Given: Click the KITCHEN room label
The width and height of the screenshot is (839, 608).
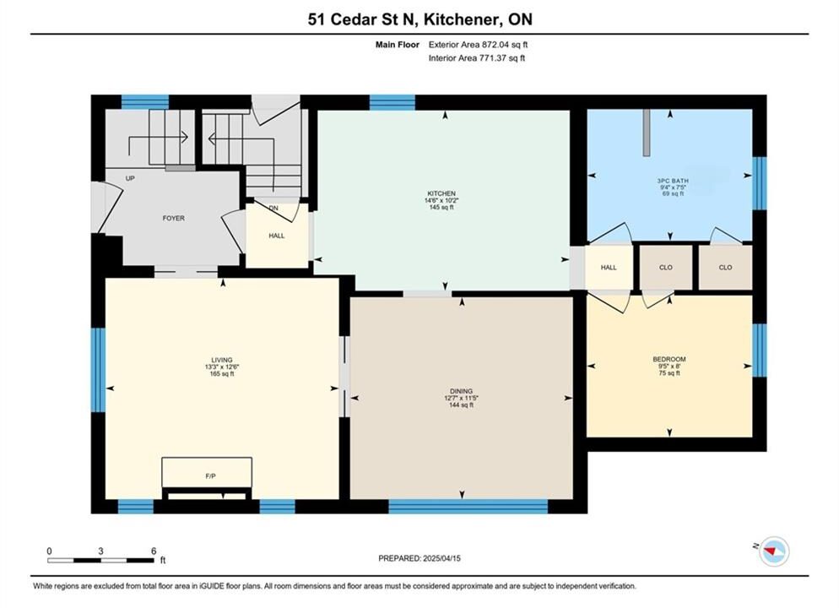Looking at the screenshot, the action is [x=441, y=193].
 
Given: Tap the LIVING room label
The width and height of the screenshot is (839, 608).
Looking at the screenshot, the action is [x=221, y=361].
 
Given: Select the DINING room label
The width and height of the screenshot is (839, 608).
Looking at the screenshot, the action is [x=461, y=391].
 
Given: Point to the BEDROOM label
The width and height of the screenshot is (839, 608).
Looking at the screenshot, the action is [x=668, y=359].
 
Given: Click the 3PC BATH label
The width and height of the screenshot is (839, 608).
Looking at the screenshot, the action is [x=673, y=181].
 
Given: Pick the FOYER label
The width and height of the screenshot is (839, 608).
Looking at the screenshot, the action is [x=173, y=219].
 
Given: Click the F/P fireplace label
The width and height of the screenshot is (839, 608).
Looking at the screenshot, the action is [x=210, y=475].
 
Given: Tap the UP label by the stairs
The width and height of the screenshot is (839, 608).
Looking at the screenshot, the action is [x=130, y=178].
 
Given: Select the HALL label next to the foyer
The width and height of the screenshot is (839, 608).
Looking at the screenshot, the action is [x=277, y=236].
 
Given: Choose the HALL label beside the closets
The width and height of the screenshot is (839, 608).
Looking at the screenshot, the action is [x=609, y=268].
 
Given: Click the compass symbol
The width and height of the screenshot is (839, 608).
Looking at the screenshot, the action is [x=774, y=551].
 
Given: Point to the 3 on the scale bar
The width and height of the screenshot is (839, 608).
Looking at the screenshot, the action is [x=100, y=551].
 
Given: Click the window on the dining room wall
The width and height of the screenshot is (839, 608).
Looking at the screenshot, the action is [x=468, y=507].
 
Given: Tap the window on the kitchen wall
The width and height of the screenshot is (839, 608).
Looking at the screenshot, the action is [x=392, y=102].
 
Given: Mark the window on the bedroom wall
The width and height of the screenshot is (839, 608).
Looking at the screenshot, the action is [x=760, y=350].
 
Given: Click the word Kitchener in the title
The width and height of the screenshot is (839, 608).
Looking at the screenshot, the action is [x=462, y=19].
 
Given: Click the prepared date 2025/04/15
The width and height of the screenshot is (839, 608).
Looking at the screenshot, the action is [x=441, y=558].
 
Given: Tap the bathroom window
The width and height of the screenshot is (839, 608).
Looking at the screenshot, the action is [x=760, y=183].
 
